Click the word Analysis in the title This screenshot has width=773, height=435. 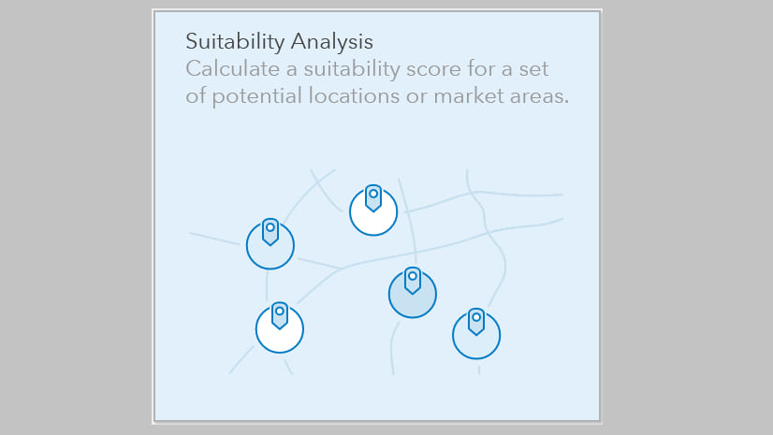click(332, 42)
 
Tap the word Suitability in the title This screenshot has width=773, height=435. click(235, 42)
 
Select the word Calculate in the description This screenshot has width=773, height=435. click(233, 68)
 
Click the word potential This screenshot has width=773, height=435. click(256, 96)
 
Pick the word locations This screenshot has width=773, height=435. click(354, 96)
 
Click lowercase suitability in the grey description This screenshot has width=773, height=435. click(352, 70)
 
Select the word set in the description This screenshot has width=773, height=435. click(534, 70)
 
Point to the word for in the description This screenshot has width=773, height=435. click(482, 68)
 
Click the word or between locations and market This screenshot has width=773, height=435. click(416, 97)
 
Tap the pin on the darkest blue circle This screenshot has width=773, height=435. click(412, 281)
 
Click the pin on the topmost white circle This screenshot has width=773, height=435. click(373, 198)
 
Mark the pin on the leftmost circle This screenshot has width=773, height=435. click(270, 232)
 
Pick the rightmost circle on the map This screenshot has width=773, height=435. click(476, 335)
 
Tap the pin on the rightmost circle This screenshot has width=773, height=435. click(476, 322)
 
